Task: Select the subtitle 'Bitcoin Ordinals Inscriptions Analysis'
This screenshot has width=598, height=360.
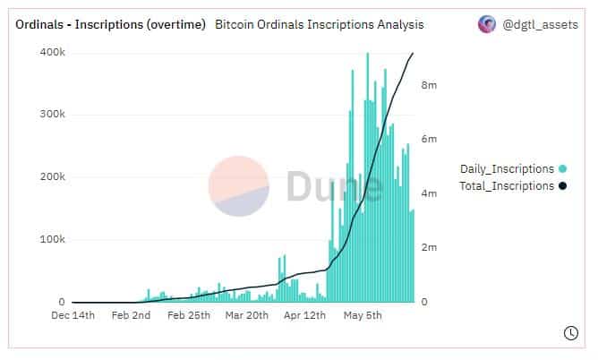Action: pyautogui.click(x=320, y=25)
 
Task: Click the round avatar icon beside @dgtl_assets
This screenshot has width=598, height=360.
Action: pyautogui.click(x=487, y=25)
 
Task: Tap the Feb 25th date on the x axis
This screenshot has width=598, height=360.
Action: pyautogui.click(x=188, y=316)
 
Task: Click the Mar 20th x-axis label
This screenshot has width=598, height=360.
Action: pyautogui.click(x=246, y=316)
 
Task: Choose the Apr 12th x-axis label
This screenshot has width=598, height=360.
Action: pyautogui.click(x=306, y=316)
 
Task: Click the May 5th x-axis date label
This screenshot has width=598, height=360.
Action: pyautogui.click(x=363, y=316)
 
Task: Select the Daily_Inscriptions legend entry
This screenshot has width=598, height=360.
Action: pyautogui.click(x=508, y=168)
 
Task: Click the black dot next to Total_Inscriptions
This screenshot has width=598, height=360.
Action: pyautogui.click(x=562, y=186)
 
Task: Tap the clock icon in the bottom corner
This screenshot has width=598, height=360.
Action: pyautogui.click(x=570, y=333)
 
